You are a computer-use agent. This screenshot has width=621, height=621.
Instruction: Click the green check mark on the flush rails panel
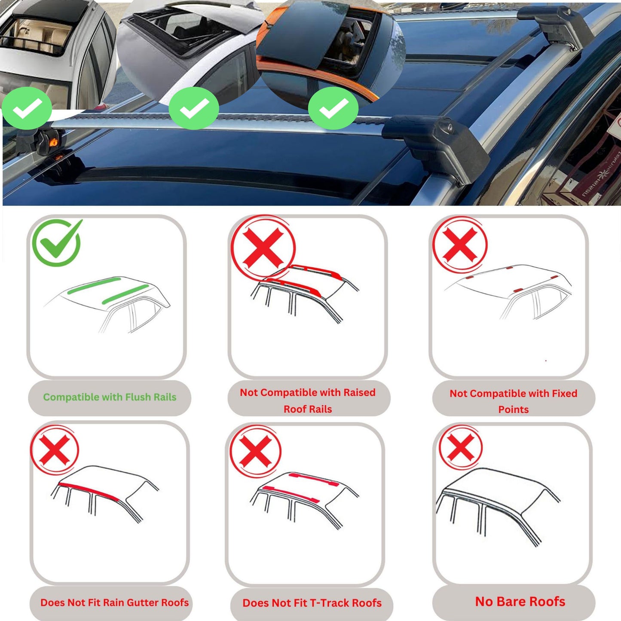(56, 242)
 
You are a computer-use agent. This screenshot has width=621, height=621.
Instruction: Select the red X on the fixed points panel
(460, 244)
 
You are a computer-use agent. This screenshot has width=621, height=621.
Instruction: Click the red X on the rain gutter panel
(55, 450)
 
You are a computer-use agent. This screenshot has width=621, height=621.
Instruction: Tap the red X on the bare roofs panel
(461, 447)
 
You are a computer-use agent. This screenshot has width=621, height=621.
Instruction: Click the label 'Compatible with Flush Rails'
(110, 397)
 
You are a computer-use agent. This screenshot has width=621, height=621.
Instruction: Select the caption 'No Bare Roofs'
(520, 601)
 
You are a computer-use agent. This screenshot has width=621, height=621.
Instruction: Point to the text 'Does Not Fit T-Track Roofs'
(312, 603)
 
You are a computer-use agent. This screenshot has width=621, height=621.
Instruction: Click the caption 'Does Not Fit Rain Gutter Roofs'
(114, 603)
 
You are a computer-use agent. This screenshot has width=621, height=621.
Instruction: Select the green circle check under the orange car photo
(333, 108)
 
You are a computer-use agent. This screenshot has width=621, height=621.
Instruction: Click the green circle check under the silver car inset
(27, 108)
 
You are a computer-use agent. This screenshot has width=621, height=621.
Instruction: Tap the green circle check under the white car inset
(193, 108)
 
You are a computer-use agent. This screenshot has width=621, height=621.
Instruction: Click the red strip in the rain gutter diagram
(88, 491)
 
